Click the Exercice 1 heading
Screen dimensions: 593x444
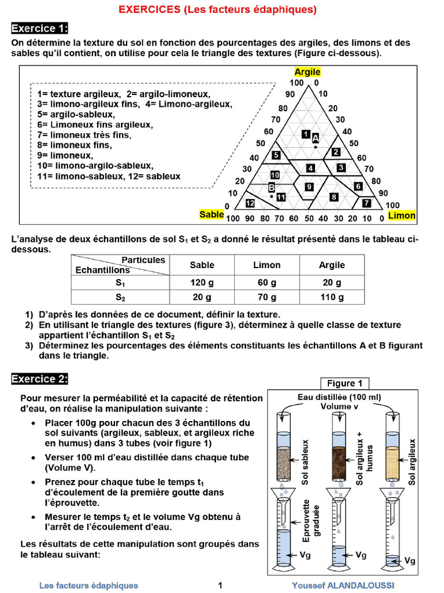40,28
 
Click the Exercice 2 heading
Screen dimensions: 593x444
40,379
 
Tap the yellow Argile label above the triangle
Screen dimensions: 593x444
307,72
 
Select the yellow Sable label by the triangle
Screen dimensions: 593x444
212,215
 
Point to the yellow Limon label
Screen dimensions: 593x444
402,215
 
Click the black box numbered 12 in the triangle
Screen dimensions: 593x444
250,203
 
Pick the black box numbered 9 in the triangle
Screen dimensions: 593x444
309,186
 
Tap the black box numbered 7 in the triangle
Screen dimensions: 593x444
367,203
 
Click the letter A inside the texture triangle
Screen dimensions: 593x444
315,138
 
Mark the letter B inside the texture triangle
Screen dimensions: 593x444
271,188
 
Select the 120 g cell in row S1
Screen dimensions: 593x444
202,283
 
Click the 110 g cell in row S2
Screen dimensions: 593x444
332,298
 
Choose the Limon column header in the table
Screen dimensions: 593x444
267,265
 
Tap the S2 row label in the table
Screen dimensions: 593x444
120,298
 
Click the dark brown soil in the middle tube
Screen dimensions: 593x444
338,463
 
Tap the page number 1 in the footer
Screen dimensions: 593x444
220,585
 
